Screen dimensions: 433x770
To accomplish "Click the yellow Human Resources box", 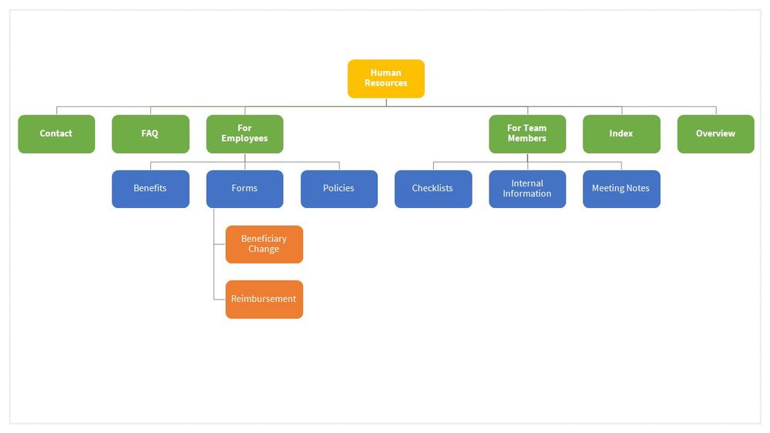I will [x=385, y=79].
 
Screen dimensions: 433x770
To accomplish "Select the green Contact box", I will [x=56, y=134].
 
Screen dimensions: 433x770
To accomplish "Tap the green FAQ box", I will [x=150, y=134].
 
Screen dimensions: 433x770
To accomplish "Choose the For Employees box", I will [x=244, y=134].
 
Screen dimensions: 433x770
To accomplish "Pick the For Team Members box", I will [x=527, y=134].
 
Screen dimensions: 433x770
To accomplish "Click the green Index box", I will [x=621, y=134].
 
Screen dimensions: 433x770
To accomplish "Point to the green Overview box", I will [x=715, y=134].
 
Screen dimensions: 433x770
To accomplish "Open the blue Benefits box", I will [x=150, y=189].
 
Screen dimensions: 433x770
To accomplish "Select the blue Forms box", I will [x=244, y=189].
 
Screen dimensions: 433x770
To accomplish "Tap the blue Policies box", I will [x=338, y=189].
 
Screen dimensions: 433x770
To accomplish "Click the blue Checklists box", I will [x=433, y=189].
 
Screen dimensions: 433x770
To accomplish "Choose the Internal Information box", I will [x=527, y=189].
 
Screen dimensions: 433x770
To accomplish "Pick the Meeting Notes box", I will [x=621, y=189].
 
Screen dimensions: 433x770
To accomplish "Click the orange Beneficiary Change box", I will [x=264, y=244].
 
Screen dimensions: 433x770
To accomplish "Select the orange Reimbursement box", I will [x=264, y=299].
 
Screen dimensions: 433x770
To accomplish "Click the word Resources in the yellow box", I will [x=385, y=83].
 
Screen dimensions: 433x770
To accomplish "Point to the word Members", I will [x=527, y=139].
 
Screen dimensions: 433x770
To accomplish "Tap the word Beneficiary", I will [x=264, y=239].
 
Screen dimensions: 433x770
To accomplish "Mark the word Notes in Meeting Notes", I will [x=637, y=189].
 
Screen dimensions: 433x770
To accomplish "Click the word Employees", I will [x=244, y=139].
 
